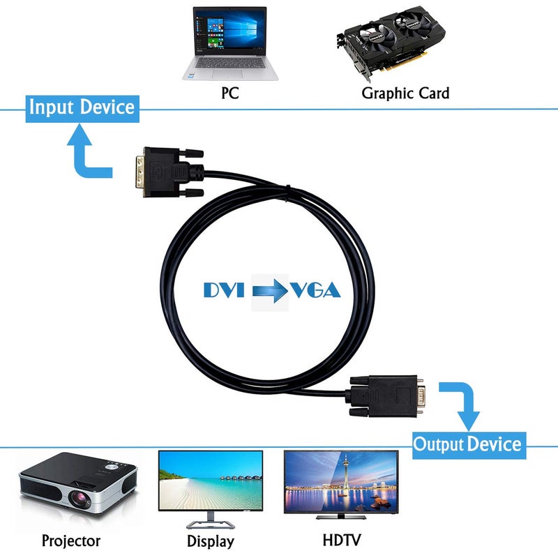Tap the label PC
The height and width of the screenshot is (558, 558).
click(x=229, y=93)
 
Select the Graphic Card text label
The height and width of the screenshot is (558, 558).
click(x=405, y=93)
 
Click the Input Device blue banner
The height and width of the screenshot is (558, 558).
click(x=81, y=108)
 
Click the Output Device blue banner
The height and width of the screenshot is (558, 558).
click(x=467, y=444)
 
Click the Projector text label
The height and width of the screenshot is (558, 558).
click(x=71, y=541)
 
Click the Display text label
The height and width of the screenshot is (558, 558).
click(x=211, y=541)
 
